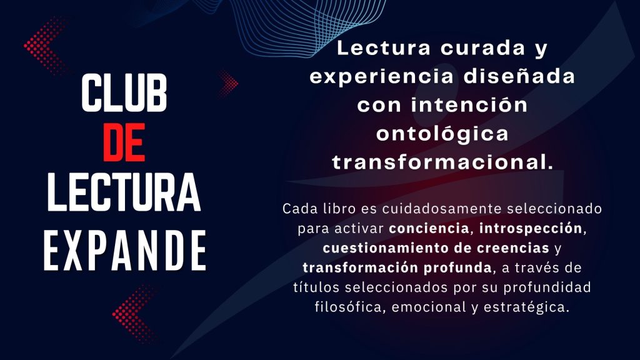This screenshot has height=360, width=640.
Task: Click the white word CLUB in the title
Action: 124,93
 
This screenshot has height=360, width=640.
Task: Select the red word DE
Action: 124,142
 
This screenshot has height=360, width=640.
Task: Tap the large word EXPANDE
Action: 125,250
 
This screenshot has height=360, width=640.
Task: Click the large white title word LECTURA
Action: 124,192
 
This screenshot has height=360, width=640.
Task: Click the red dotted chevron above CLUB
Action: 46,45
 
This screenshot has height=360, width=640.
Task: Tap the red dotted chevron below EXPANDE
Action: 134,314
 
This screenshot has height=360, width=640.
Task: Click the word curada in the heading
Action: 483,48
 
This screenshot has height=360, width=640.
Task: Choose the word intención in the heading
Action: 469,105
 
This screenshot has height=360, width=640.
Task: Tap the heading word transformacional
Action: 442,162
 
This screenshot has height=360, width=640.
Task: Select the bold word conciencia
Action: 429,228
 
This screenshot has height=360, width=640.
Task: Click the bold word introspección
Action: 531,229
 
